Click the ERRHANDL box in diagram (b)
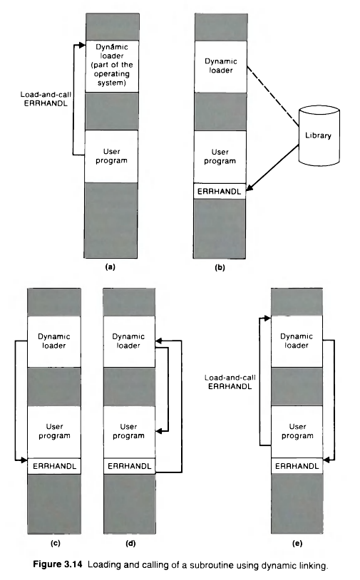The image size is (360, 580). click(219, 191)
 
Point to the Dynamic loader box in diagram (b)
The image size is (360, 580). click(219, 66)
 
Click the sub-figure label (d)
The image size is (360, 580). click(129, 544)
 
